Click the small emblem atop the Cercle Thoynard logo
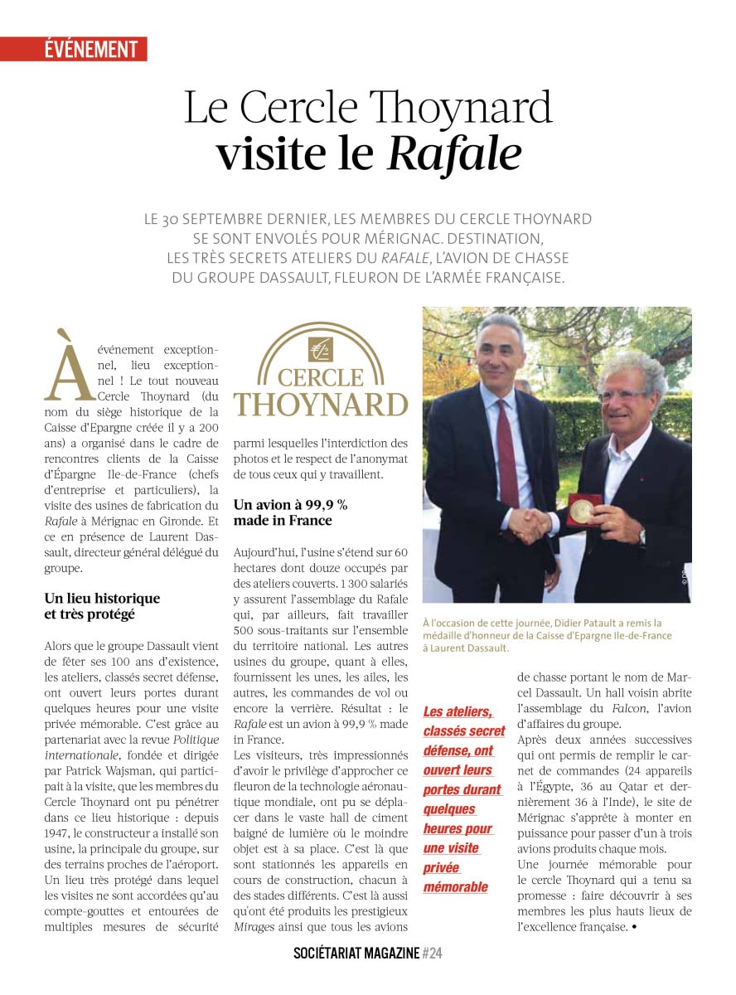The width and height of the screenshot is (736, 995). click(321, 349)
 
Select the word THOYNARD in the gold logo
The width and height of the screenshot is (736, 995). click(321, 404)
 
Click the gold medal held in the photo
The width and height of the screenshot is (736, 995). click(583, 509)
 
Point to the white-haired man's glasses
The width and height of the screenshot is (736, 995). click(623, 395)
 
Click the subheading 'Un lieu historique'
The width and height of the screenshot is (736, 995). click(102, 598)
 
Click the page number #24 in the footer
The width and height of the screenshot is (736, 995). click(432, 954)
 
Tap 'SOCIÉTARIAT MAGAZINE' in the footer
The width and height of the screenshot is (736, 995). click(356, 954)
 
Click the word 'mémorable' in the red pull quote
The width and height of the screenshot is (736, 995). click(456, 887)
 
